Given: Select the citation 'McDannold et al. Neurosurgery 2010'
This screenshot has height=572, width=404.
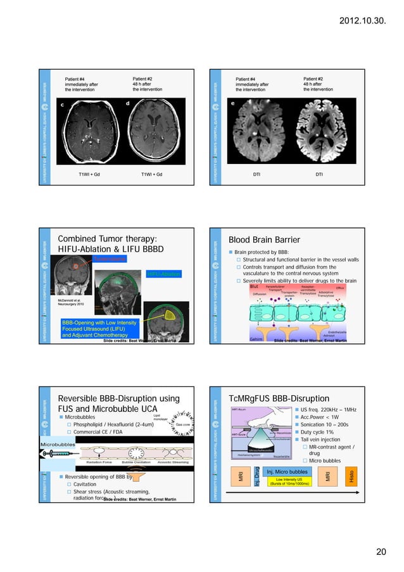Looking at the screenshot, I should click(71, 302).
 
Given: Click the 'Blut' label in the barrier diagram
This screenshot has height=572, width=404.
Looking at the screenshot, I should click(255, 286).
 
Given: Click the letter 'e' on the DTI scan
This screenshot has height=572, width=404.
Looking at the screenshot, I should click(232, 103).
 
